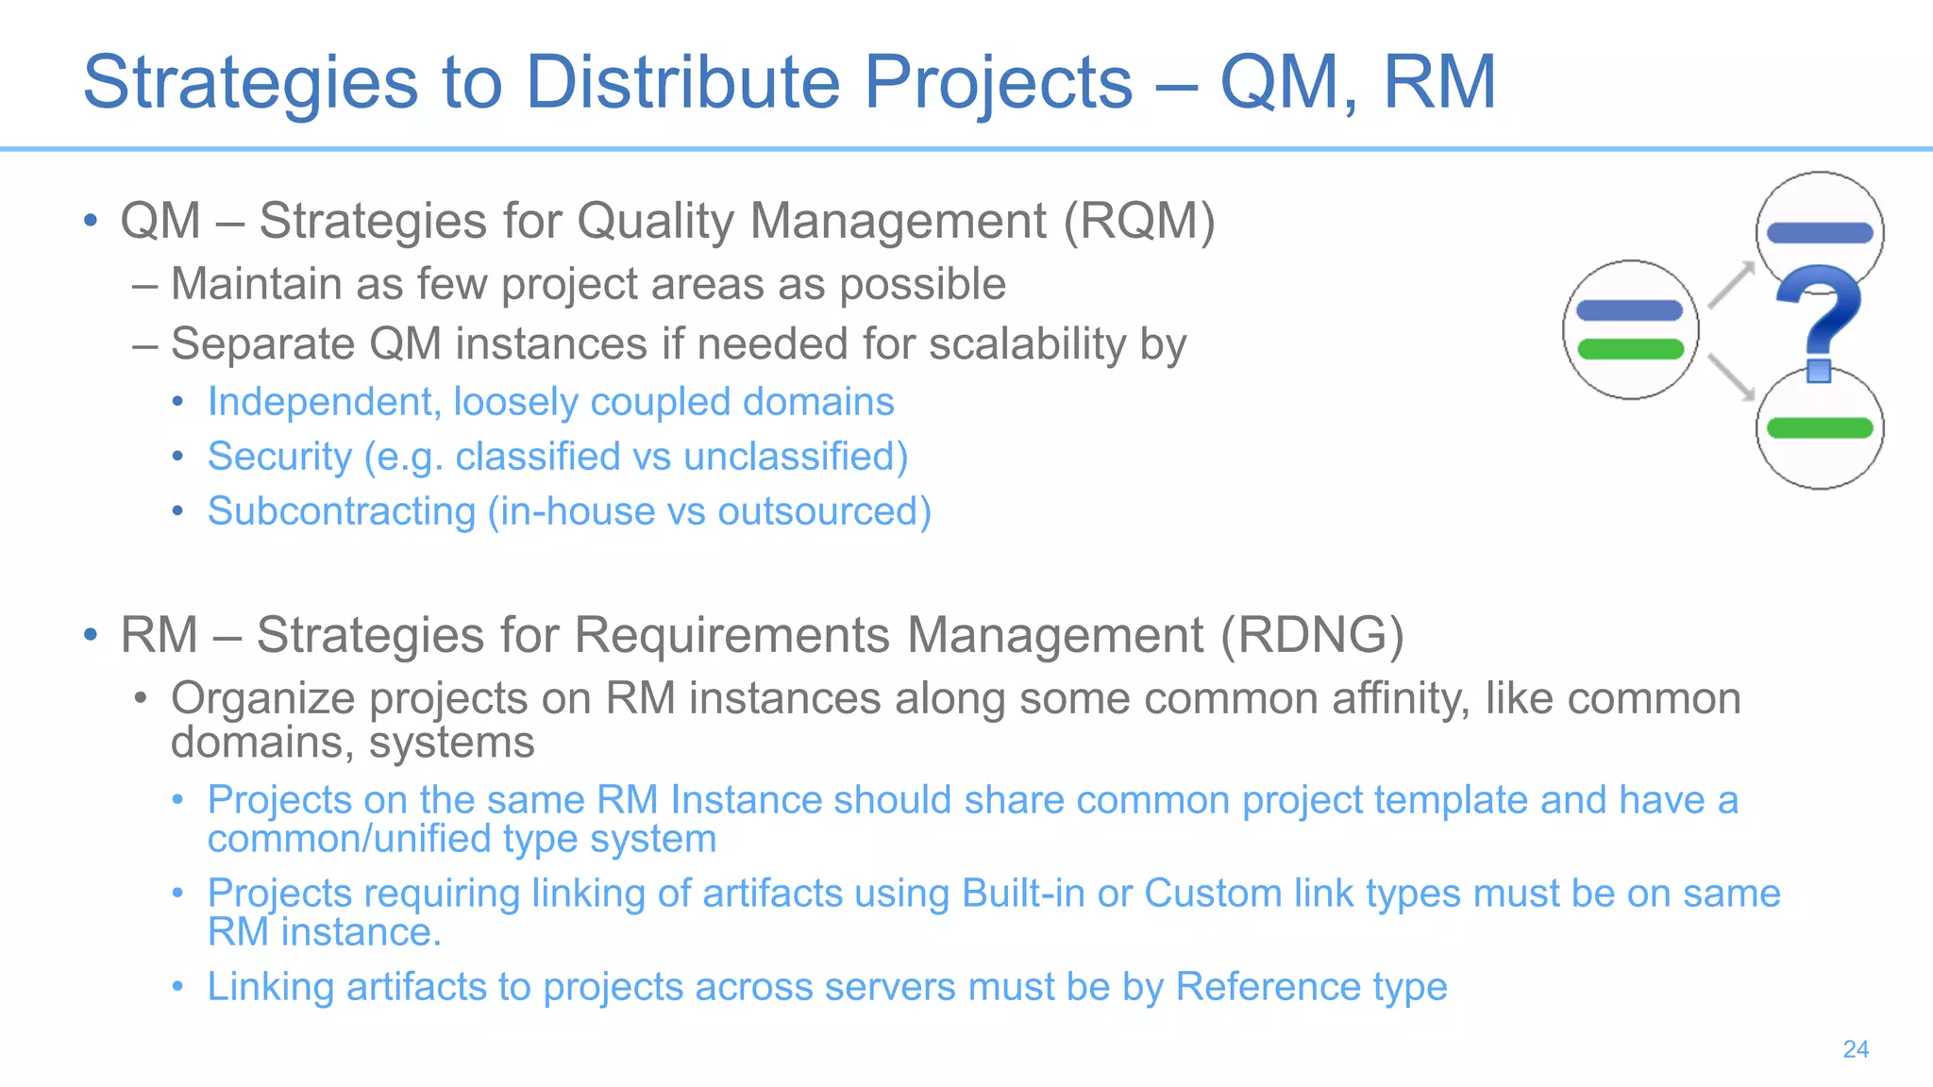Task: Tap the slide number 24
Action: coord(1856,1049)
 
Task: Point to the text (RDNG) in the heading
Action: coord(1312,635)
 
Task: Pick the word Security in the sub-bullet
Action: coord(279,457)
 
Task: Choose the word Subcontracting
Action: coord(341,511)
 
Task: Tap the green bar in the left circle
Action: coord(1630,350)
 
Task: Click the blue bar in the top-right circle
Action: coord(1819,232)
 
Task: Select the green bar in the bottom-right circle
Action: coord(1819,428)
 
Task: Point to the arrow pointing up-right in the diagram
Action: coord(1731,285)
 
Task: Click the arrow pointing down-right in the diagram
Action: coord(1731,376)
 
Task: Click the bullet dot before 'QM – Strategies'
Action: coord(91,222)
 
